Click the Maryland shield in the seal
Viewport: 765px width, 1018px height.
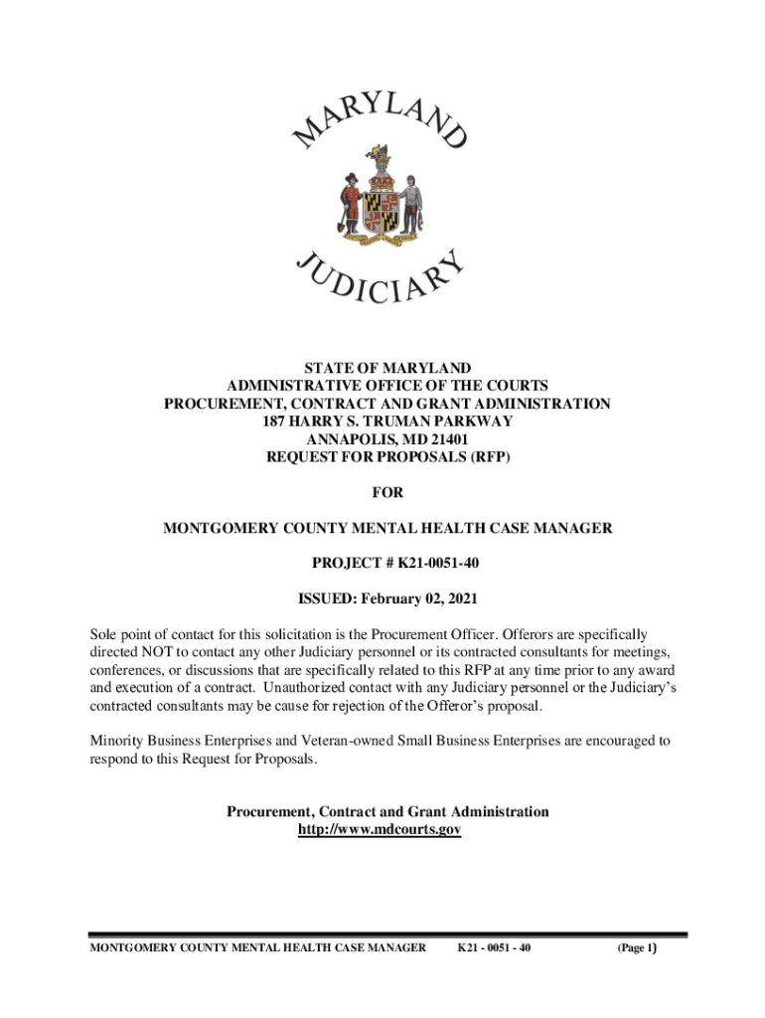[x=381, y=204]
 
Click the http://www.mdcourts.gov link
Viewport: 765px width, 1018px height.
[x=380, y=829]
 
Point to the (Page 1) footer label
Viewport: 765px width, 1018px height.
[x=637, y=948]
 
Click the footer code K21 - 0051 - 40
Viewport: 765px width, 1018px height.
[x=494, y=948]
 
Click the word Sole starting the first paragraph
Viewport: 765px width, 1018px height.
[x=104, y=633]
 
